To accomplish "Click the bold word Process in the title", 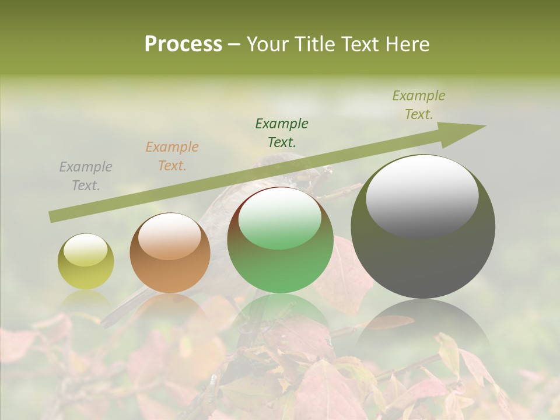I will pos(183,44).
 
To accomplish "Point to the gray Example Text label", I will pos(86,176).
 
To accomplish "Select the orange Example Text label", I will pos(172,156).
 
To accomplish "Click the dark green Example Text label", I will pos(282,132).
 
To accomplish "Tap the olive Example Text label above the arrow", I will pos(419,105).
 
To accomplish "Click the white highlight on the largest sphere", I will pos(422,195).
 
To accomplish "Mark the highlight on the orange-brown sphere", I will pos(170,236).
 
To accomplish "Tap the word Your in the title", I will pos(269,44).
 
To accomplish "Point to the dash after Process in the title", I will pos(234,44).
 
